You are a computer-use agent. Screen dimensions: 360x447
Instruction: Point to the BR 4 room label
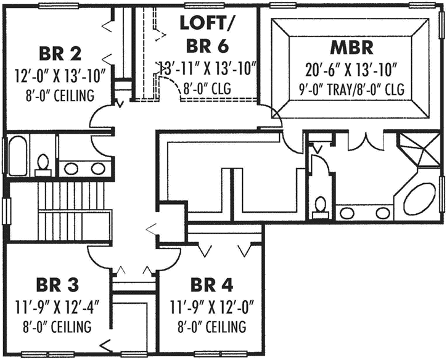pyautogui.click(x=211, y=285)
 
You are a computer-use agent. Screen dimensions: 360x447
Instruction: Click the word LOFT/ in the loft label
pyautogui.click(x=199, y=23)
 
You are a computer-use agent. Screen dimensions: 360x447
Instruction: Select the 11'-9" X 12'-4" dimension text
pyautogui.click(x=59, y=306)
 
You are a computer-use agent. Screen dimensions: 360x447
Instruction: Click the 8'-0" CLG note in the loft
pyautogui.click(x=207, y=89)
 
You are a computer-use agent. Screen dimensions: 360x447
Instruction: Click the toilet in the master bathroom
pyautogui.click(x=320, y=205)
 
